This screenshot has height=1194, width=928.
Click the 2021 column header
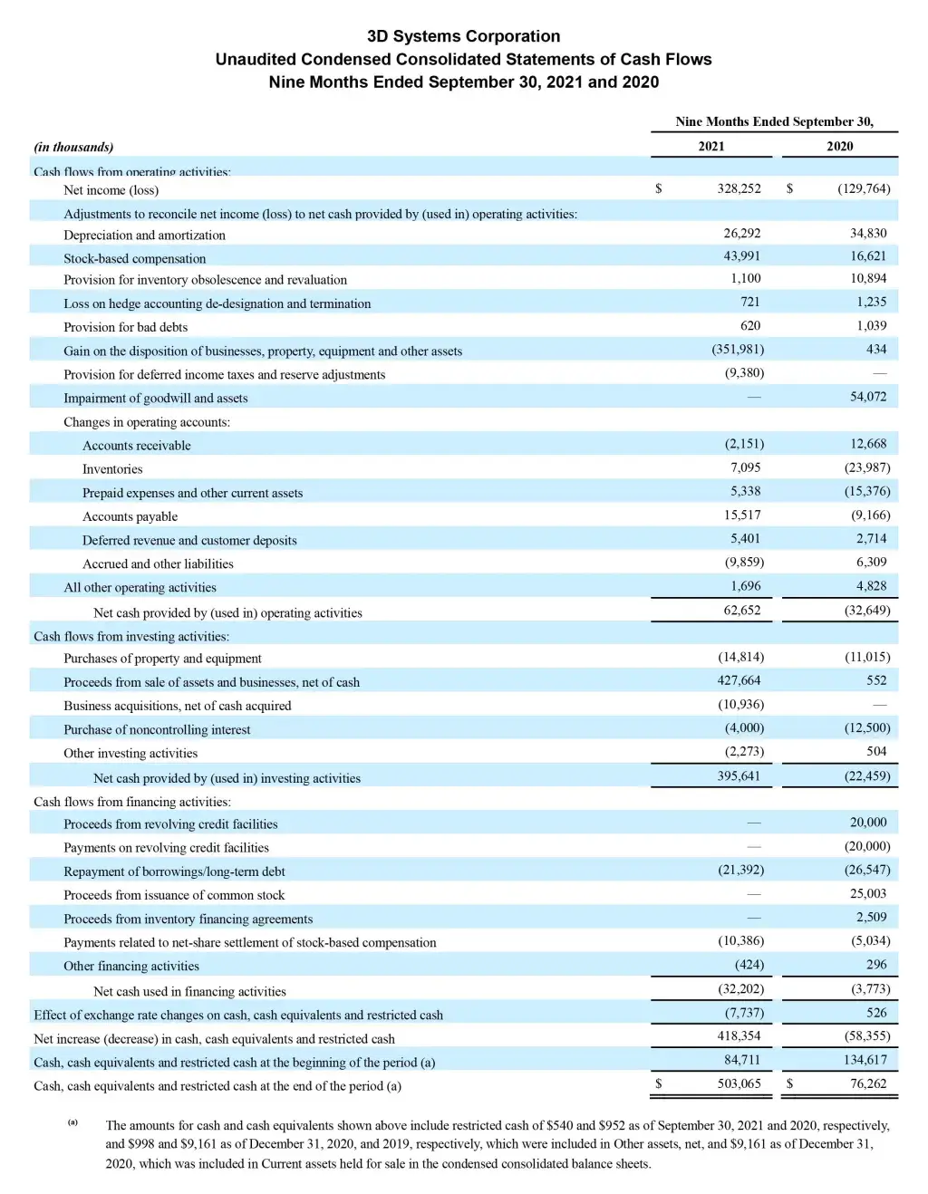(710, 146)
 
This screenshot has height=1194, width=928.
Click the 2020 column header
(839, 146)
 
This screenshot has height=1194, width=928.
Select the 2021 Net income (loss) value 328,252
(739, 188)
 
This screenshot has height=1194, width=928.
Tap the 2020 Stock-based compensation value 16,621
(867, 256)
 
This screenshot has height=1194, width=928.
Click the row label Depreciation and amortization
(144, 236)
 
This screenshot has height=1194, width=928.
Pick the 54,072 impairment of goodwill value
(867, 397)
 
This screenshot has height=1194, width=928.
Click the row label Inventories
(112, 469)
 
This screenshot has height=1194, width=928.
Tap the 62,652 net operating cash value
(741, 611)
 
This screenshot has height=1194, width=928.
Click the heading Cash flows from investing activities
(131, 637)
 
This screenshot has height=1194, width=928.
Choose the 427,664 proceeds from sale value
(739, 680)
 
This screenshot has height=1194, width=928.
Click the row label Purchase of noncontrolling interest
(157, 730)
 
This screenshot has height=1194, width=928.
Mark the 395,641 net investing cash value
(739, 776)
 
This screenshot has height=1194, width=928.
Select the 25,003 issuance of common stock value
(867, 893)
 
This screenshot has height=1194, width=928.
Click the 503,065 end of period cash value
(739, 1083)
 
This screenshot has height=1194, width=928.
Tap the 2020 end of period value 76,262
(867, 1083)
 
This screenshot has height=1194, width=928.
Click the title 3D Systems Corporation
(463, 36)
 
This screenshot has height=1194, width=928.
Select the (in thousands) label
(73, 148)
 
